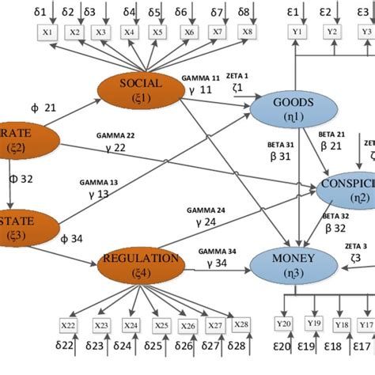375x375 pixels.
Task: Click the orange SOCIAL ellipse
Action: click(x=139, y=90)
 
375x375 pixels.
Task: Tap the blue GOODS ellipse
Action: click(x=294, y=109)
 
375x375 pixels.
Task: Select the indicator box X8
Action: click(x=248, y=32)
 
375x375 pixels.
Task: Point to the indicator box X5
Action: click(x=157, y=32)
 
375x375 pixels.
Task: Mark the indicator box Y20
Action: click(x=285, y=325)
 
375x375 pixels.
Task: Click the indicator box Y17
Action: click(x=365, y=325)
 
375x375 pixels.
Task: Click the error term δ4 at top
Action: click(x=130, y=13)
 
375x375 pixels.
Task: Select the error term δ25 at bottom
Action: click(x=161, y=346)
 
